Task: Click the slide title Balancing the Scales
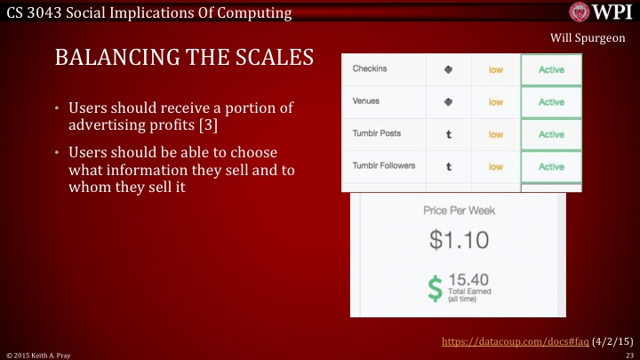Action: point(184,59)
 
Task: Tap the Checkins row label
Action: point(370,68)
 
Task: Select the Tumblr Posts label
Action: point(377,133)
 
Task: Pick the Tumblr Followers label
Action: point(383,166)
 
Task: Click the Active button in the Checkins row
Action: point(551,69)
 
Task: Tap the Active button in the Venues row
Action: point(551,102)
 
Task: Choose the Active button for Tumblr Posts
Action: point(551,134)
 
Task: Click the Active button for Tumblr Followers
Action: point(551,166)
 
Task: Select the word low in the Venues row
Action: point(496,102)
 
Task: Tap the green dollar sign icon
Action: point(435,287)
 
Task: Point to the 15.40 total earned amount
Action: point(468,280)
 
